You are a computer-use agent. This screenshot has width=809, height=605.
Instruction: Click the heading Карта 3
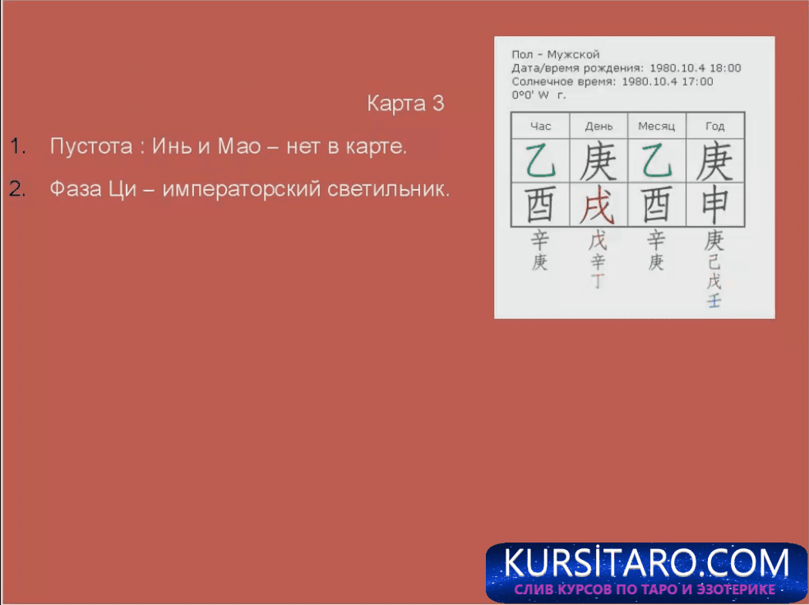pos(405,104)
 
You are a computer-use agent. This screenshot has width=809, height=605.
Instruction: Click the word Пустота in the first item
pos(91,147)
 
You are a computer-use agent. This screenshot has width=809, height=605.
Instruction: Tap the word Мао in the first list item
pos(239,146)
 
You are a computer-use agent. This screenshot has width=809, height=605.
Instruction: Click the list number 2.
pos(17,189)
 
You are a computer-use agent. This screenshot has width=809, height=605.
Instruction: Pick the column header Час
pos(541,127)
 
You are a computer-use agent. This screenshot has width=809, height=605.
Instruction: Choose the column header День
pos(599,127)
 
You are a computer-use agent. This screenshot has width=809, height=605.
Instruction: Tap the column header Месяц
pos(656,127)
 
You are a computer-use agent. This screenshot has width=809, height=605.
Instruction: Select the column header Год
pos(715,127)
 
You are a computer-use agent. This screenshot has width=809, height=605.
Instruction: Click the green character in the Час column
pos(541,161)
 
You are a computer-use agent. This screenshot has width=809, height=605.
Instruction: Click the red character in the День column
pos(598,206)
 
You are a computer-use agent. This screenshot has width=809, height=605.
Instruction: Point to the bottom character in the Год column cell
pos(715,206)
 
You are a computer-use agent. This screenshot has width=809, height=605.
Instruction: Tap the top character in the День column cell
pos(599,161)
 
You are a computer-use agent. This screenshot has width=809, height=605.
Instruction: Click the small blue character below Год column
pos(714,301)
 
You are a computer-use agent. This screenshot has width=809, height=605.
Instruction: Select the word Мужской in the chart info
pos(573,55)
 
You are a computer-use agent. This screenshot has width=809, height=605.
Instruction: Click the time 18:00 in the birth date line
pos(725,68)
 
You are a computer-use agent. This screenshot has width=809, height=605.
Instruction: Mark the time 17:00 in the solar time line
pos(697,81)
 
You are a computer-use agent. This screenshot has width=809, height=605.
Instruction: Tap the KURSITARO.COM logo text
pos(646,562)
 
